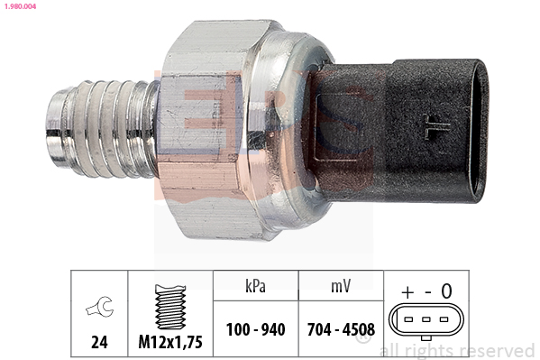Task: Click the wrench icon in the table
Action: [100, 308]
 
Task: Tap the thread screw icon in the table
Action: [169, 304]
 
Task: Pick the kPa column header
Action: [254, 288]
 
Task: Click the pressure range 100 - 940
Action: [254, 329]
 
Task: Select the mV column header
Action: [339, 288]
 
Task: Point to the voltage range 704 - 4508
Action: [339, 329]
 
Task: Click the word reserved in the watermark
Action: [497, 351]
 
